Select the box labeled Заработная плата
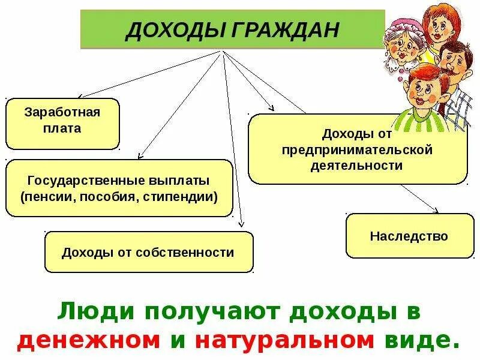point(62,124)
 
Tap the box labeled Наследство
point(409,236)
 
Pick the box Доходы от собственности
point(148,252)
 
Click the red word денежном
point(89,340)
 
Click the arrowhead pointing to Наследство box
point(436,211)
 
